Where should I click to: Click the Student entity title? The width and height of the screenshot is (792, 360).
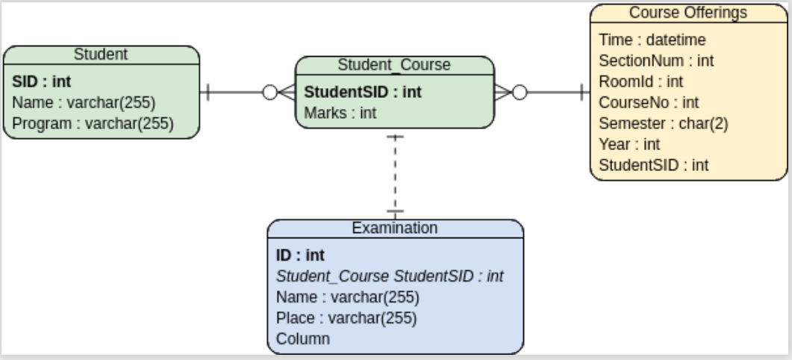101,54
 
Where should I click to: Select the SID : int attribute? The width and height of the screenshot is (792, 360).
42,81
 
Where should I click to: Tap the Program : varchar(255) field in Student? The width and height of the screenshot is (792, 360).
93,123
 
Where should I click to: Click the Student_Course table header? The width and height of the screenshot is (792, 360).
394,65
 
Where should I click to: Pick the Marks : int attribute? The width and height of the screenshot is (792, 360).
340,113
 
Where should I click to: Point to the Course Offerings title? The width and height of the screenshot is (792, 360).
687,13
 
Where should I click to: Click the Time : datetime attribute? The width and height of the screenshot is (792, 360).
652,40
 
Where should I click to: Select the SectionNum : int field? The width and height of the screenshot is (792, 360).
656,60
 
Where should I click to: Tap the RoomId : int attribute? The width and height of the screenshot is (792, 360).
641,81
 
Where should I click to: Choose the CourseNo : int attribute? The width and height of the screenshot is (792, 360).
649,102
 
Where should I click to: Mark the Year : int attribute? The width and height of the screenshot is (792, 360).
629,144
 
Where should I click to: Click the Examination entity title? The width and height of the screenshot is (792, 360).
394,228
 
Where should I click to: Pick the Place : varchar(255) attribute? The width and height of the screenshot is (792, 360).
346,318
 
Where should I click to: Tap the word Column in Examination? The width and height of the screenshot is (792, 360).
303,339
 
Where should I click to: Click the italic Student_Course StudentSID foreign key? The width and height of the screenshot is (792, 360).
390,276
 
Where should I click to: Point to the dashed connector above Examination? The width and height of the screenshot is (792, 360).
395,176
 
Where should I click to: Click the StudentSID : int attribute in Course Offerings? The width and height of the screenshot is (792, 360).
654,165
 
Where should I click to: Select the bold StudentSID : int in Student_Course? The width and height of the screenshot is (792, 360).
363,92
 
